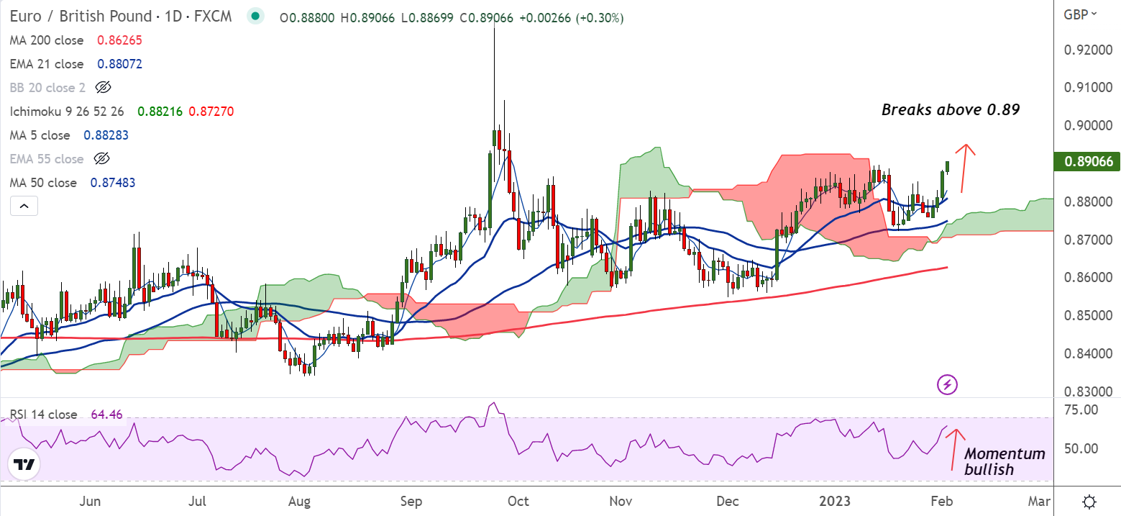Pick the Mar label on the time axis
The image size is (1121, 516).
point(1038,501)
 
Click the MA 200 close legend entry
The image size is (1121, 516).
point(47,41)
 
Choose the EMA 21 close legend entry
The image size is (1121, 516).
point(47,64)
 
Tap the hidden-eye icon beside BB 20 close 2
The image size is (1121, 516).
point(103,88)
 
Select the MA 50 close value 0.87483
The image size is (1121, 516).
point(112,183)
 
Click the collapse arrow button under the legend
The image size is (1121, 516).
point(24,207)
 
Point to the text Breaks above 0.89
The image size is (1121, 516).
point(951,110)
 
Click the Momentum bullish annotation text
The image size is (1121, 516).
point(1004,461)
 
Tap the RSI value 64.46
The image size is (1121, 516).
point(107,415)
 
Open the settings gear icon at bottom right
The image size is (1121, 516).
point(1089,501)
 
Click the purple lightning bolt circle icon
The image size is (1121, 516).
point(947,384)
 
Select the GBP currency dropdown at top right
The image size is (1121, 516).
point(1080,14)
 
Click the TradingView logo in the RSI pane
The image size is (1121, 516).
point(25,464)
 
